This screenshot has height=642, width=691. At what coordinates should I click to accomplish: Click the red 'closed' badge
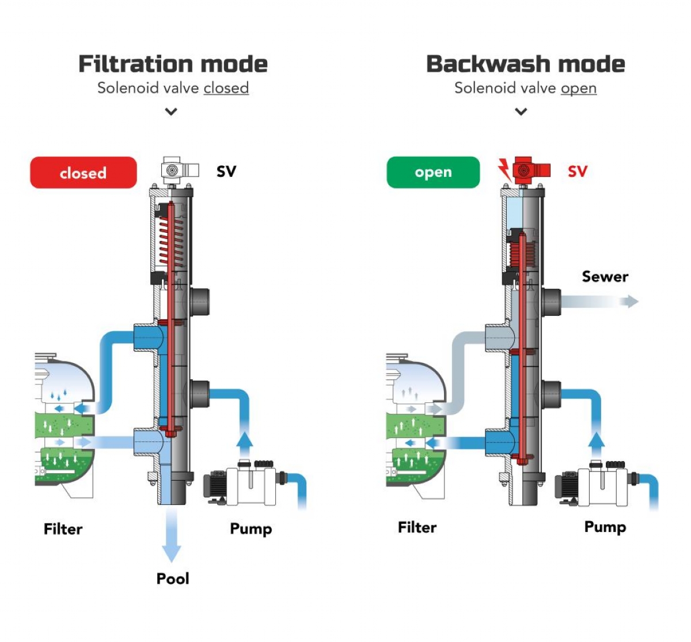[x=83, y=172]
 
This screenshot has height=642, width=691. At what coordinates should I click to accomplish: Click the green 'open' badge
[x=433, y=172]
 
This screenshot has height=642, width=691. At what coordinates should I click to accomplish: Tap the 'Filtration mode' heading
[x=173, y=64]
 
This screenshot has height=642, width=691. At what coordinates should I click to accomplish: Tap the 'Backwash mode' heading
[x=525, y=64]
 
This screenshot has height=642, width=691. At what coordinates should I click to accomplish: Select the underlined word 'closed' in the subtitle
[x=226, y=88]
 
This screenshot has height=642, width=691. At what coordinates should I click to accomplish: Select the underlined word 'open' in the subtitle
[x=578, y=88]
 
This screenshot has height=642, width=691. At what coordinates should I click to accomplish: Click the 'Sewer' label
[x=605, y=277]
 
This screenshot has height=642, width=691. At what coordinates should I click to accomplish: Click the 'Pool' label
[x=173, y=578]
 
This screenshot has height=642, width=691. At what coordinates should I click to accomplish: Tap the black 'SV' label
[x=226, y=171]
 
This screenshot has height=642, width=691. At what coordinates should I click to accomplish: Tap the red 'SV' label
[x=577, y=171]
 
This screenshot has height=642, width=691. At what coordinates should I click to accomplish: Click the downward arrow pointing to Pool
[x=171, y=536]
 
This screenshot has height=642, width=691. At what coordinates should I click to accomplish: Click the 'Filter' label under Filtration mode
[x=63, y=528]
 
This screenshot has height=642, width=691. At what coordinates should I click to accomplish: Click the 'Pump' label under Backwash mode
[x=605, y=527]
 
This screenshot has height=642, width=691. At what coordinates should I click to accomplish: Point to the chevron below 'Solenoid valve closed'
[x=171, y=111]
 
